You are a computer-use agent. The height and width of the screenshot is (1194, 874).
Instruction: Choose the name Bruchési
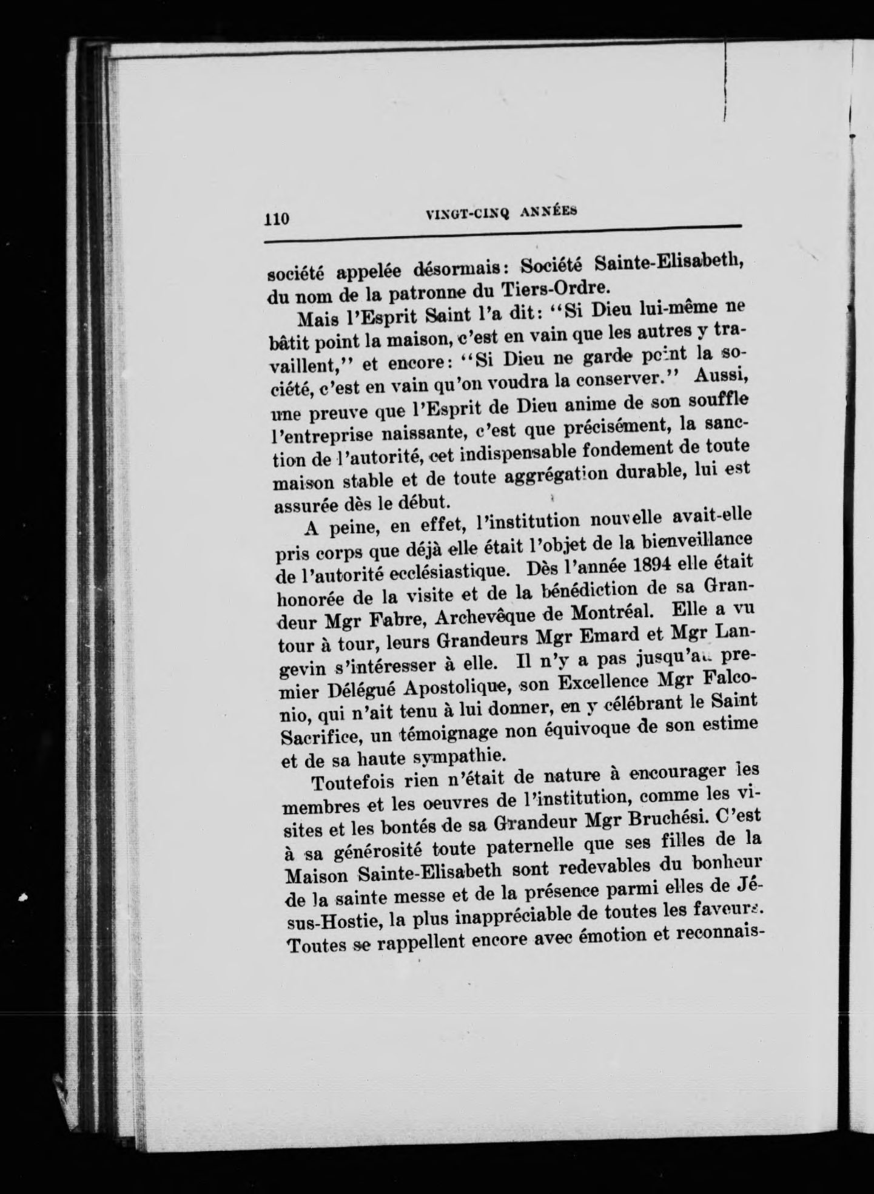click(x=650, y=818)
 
